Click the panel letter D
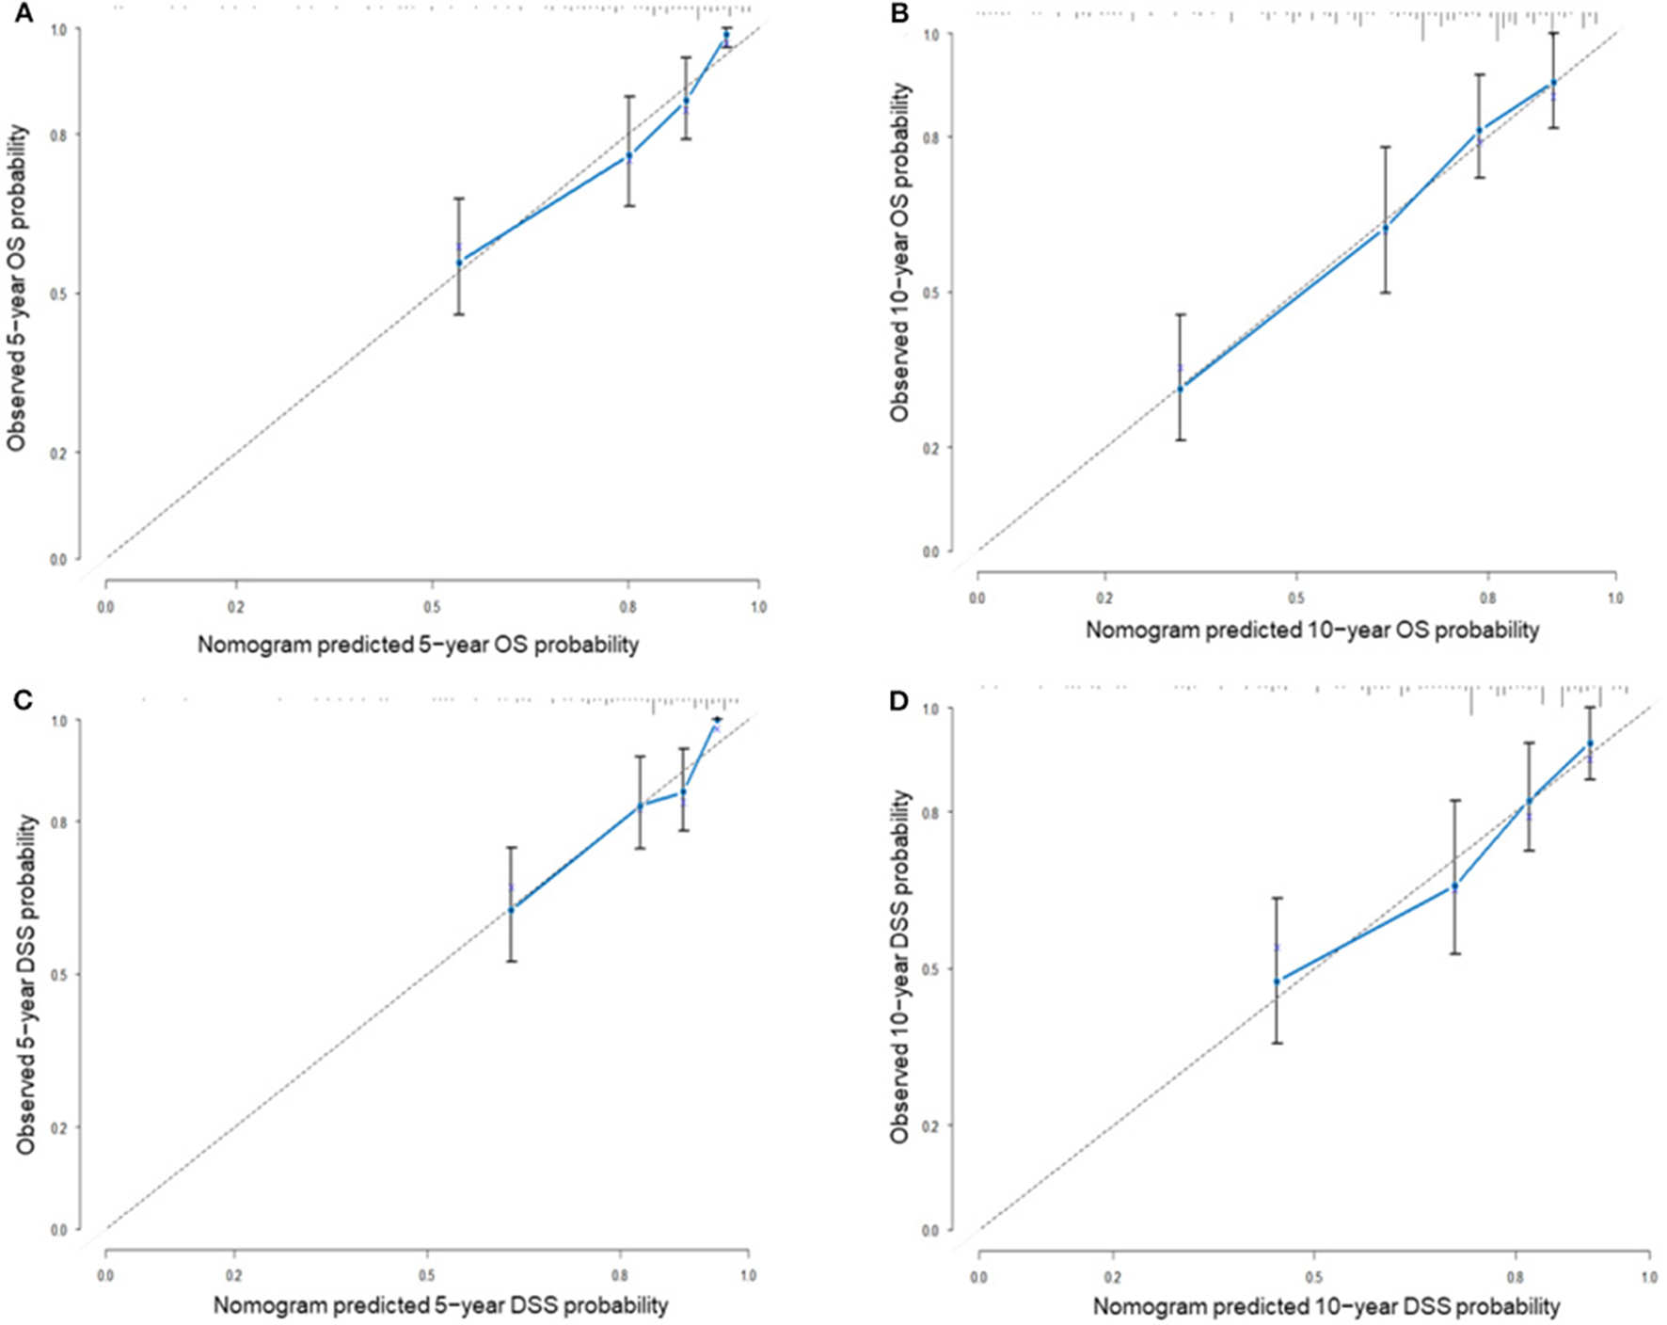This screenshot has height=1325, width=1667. [x=900, y=698]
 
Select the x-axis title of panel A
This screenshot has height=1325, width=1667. [x=418, y=646]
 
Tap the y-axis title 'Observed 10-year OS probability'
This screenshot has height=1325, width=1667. [x=901, y=252]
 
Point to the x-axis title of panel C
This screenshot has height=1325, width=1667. [x=440, y=1306]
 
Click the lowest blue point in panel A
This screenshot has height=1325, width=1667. [x=459, y=263]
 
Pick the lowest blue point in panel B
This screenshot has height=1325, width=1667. [x=1181, y=388]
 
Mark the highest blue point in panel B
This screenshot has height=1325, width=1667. [x=1553, y=83]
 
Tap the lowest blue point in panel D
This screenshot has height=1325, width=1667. [x=1277, y=982]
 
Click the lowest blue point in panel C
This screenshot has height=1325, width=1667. [x=511, y=909]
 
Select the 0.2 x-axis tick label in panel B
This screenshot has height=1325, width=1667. [x=1104, y=599]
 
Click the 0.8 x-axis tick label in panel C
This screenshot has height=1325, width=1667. [x=620, y=1277]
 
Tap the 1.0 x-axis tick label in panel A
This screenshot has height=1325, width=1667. [x=758, y=607]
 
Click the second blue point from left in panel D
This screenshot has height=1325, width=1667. [x=1454, y=886]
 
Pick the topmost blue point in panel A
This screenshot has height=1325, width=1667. [x=725, y=35]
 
